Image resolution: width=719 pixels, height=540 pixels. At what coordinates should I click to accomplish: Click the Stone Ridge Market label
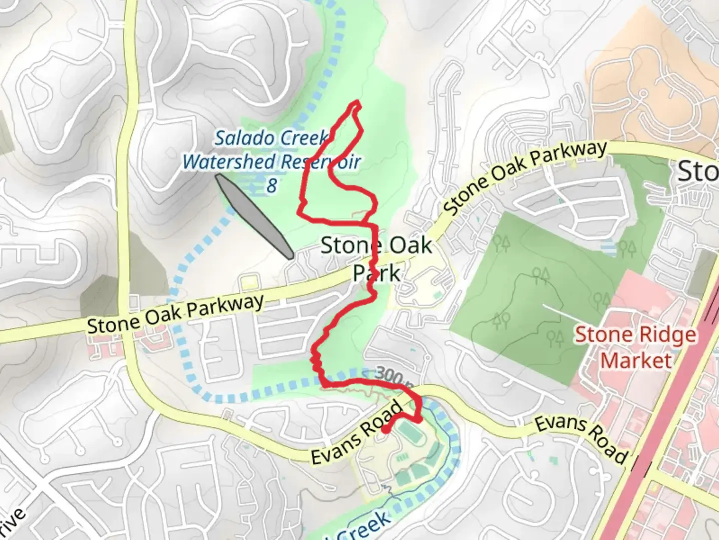pyautogui.click(x=636, y=347)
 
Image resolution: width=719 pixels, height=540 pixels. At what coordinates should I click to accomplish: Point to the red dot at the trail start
pyautogui.click(x=386, y=429)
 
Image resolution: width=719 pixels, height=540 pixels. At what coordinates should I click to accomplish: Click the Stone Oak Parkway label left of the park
pyautogui.click(x=175, y=314)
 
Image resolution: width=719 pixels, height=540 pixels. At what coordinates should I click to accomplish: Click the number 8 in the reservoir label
pyautogui.click(x=271, y=185)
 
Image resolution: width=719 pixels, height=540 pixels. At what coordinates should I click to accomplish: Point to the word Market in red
pyautogui.click(x=636, y=360)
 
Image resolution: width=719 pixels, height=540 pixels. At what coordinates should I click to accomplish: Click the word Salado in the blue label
pyautogui.click(x=240, y=138)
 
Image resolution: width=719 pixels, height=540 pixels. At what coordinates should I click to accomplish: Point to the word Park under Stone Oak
pyautogui.click(x=376, y=273)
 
